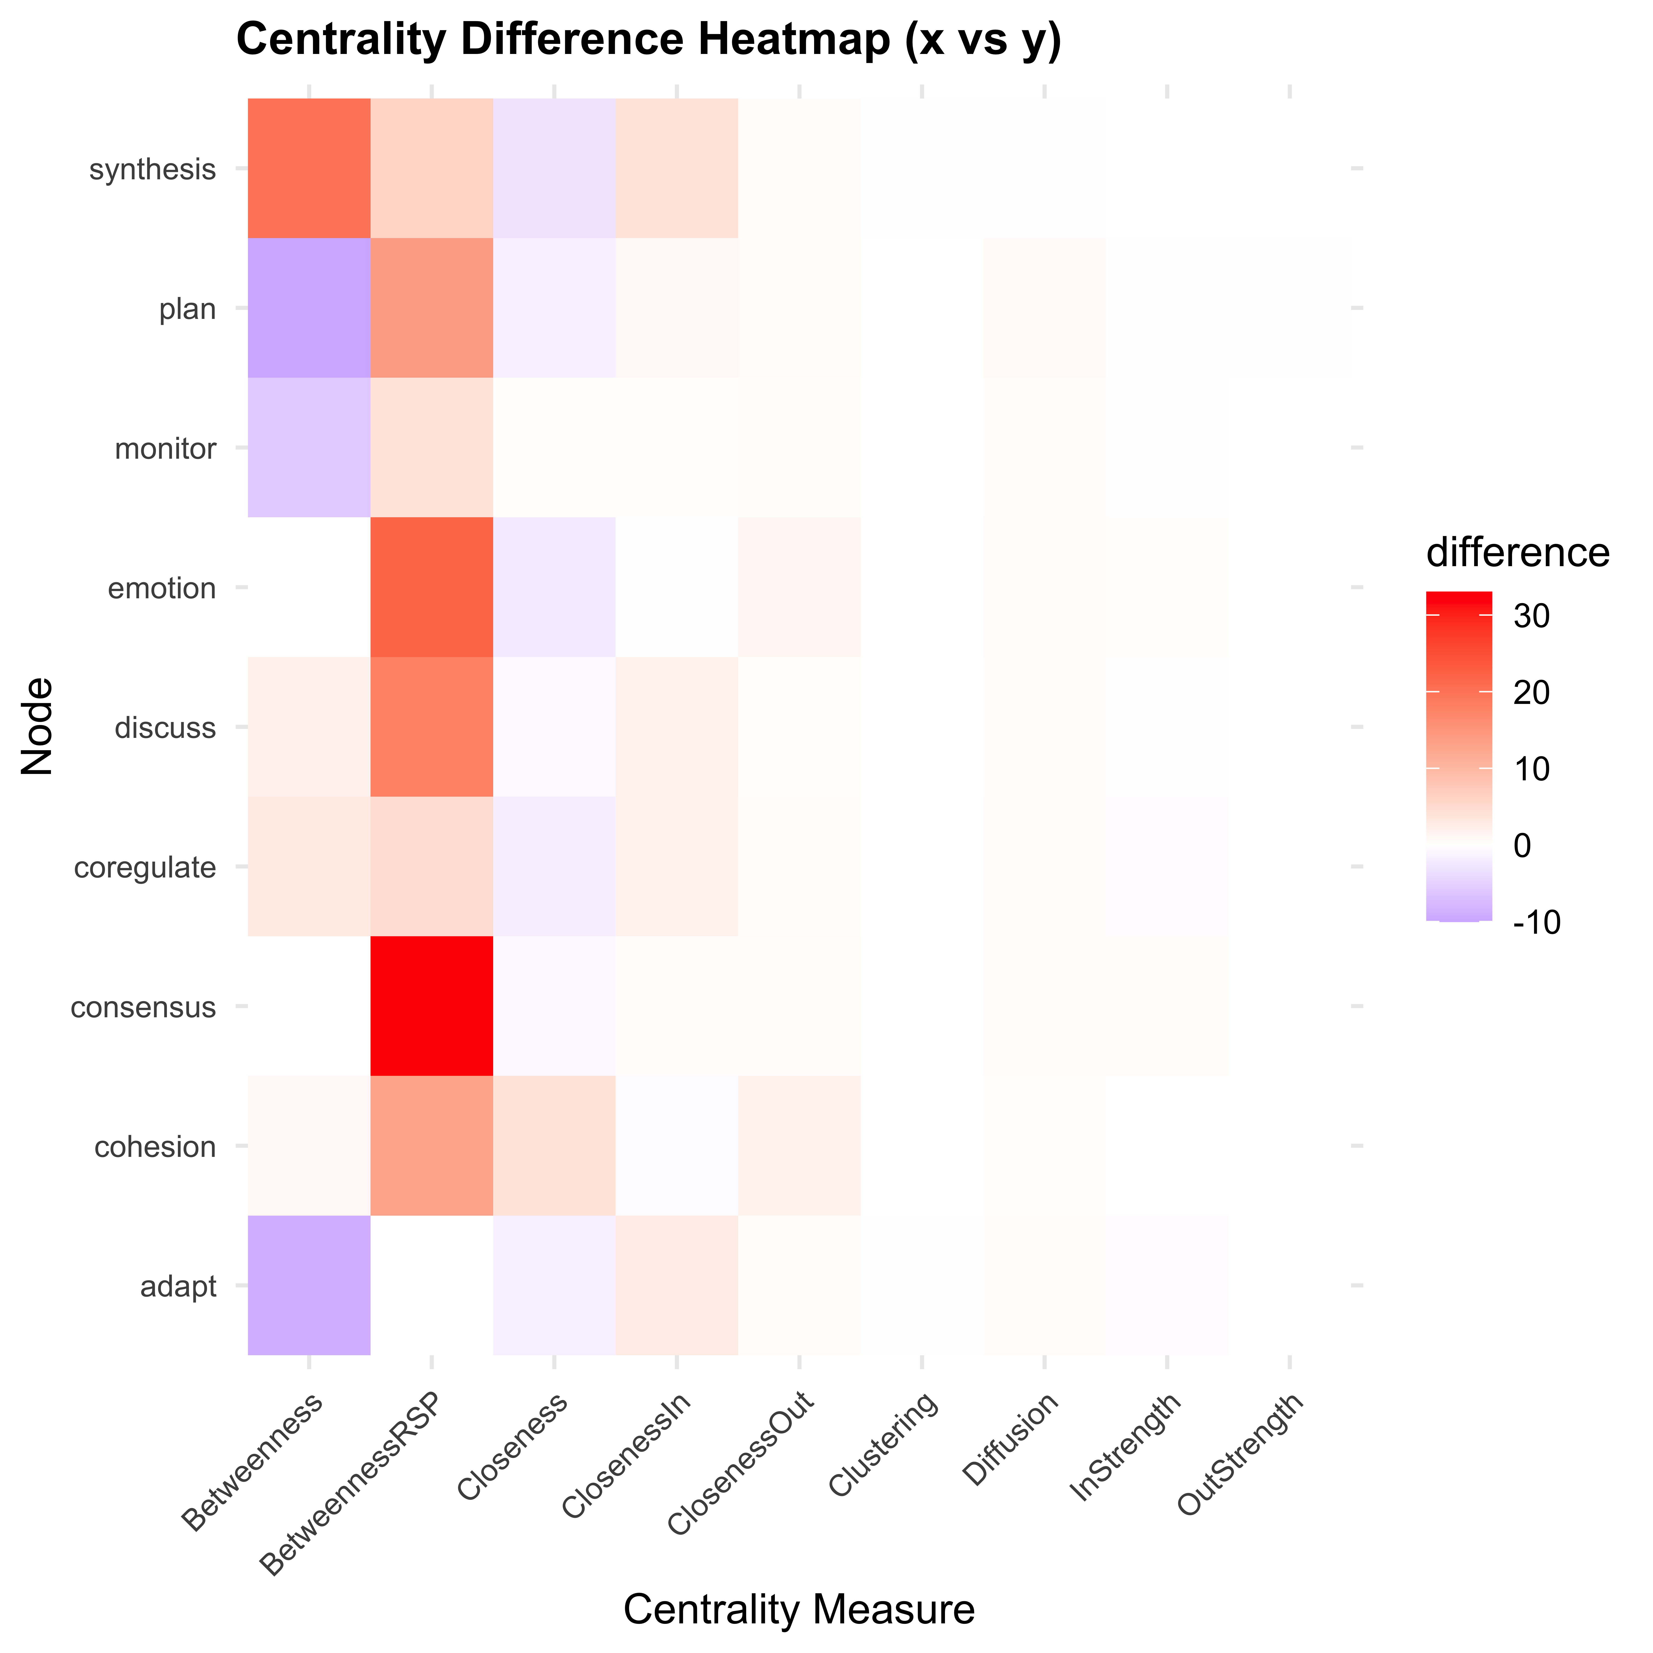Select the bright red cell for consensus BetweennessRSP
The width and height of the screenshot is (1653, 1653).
[431, 1005]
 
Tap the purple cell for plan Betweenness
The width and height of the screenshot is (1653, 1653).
[309, 308]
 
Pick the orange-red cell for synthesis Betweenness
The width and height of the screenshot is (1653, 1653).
[309, 169]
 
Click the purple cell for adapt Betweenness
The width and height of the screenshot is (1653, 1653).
[309, 1285]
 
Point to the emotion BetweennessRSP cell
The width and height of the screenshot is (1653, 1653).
[431, 587]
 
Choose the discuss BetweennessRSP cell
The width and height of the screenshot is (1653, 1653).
[431, 726]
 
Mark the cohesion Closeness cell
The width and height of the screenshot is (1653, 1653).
[554, 1146]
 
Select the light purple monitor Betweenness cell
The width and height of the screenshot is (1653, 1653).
[309, 447]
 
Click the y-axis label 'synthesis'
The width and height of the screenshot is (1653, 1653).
[152, 169]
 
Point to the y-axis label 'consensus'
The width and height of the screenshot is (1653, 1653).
[143, 1007]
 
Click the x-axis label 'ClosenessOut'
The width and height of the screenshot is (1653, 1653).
[741, 1465]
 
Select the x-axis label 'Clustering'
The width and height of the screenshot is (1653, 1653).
[884, 1446]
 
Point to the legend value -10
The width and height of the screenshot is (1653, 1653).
[1536, 922]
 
